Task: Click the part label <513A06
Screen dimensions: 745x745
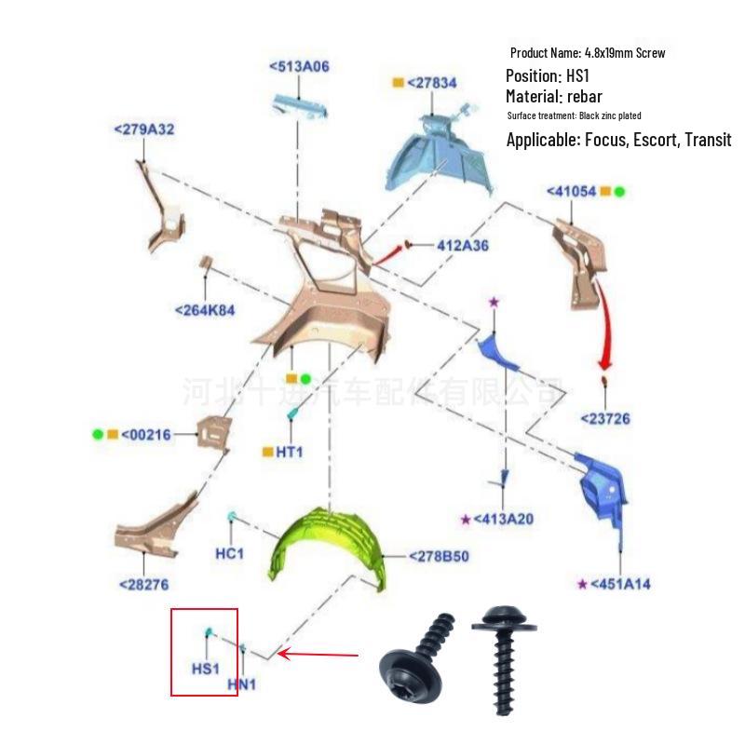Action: (299, 66)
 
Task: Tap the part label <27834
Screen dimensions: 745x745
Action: (431, 83)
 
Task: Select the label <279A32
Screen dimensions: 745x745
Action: (143, 129)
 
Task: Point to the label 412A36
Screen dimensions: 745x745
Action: (463, 246)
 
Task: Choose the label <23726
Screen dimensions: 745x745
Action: (604, 418)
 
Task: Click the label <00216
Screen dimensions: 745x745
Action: (146, 434)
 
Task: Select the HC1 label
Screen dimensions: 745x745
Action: (229, 553)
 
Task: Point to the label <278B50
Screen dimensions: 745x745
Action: (439, 557)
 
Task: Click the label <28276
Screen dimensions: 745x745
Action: (143, 584)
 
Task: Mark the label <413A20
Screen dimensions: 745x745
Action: (503, 519)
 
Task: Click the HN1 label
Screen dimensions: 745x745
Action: (242, 684)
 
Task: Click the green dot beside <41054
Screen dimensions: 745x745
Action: (619, 191)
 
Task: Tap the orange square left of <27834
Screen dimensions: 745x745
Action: (398, 83)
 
